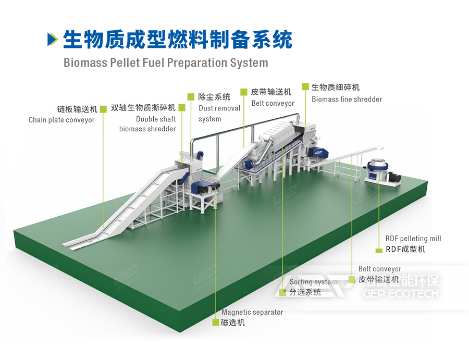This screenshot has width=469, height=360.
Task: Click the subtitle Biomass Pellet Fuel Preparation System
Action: (166, 63)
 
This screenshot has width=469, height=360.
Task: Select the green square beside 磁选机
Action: (216, 322)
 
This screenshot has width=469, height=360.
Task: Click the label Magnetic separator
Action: (252, 312)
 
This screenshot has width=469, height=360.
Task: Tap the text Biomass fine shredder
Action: (347, 99)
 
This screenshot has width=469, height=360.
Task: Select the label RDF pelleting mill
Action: (413, 238)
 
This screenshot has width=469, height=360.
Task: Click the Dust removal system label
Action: (219, 114)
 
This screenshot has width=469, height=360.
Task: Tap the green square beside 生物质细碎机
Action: (304, 86)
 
